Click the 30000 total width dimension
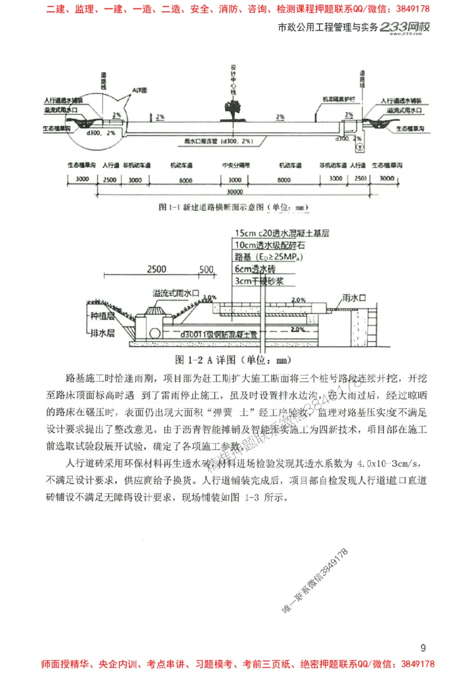coord(236,192)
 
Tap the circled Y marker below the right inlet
coord(359,146)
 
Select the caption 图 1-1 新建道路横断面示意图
coord(235,207)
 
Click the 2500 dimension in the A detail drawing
coord(155,269)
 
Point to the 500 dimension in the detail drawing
coord(206,269)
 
